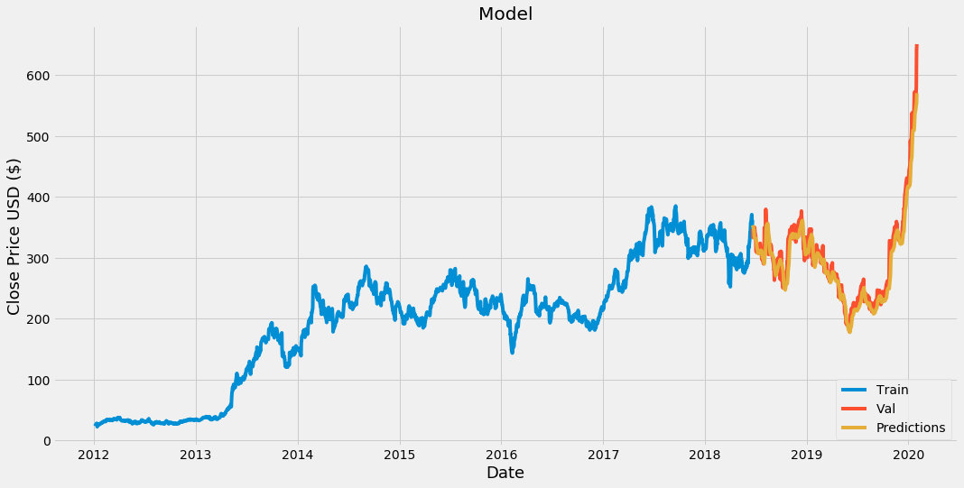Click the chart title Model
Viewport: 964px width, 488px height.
[505, 14]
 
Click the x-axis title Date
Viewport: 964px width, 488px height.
[505, 473]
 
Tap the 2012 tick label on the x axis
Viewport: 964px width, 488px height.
[94, 454]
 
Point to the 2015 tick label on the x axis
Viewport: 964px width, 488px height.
[400, 454]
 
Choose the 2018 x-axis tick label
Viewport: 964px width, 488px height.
[705, 454]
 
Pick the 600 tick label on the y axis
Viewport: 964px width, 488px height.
[37, 75]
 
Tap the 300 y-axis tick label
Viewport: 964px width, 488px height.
[37, 258]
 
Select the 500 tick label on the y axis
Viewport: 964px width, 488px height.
[37, 136]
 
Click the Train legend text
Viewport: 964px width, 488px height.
[892, 391]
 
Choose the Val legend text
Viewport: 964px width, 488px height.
[885, 410]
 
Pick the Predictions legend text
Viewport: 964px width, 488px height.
[911, 428]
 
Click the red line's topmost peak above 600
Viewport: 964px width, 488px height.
[917, 47]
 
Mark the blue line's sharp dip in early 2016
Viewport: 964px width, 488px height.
[512, 350]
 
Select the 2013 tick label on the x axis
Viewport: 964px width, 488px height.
[196, 454]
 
